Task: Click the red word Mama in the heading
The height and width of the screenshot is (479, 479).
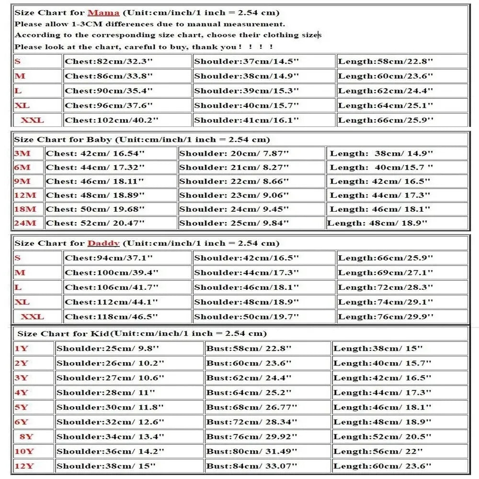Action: [x=103, y=12]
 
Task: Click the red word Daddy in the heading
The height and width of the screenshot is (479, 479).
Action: [x=103, y=243]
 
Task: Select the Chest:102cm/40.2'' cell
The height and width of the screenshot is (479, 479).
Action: [x=109, y=120]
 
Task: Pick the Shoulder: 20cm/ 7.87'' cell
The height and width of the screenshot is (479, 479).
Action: [x=234, y=153]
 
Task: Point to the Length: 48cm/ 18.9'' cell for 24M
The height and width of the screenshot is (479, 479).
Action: [x=377, y=223]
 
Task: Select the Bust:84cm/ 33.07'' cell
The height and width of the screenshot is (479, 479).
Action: [x=252, y=466]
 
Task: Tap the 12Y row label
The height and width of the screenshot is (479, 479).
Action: [x=24, y=466]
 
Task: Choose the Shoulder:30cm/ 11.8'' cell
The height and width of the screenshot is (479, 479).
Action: [x=110, y=407]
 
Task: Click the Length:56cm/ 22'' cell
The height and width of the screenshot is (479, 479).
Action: [x=378, y=451]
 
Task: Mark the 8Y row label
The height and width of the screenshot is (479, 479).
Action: [x=26, y=436]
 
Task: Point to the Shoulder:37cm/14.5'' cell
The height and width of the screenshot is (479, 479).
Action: [x=247, y=61]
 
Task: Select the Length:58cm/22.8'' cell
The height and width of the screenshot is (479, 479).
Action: [x=386, y=61]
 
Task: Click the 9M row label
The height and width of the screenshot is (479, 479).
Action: [x=22, y=181]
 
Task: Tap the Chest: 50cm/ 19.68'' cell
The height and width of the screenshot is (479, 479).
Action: [x=95, y=209]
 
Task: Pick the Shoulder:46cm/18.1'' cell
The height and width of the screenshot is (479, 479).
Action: [x=247, y=287]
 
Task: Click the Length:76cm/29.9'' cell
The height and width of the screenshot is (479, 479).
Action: [x=386, y=317]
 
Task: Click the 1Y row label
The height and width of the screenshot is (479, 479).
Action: [x=22, y=348]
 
